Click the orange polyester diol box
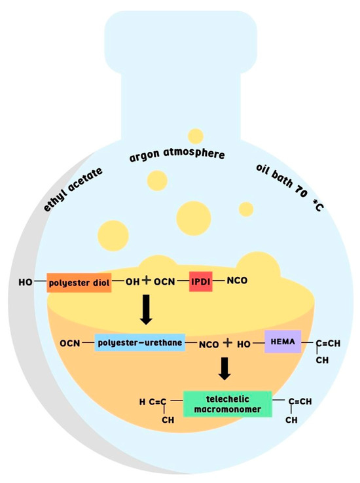click(79, 283)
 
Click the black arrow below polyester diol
click(147, 311)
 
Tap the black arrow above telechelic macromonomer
click(225, 368)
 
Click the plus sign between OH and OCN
click(147, 281)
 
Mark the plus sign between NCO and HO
click(227, 342)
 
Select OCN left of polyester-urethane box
click(69, 343)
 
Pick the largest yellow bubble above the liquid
click(193, 216)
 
